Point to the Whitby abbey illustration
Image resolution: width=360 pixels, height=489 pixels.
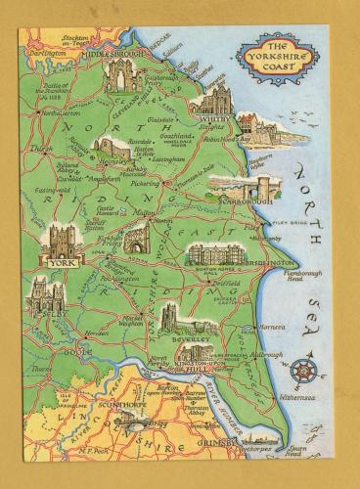[x=214, y=101]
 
